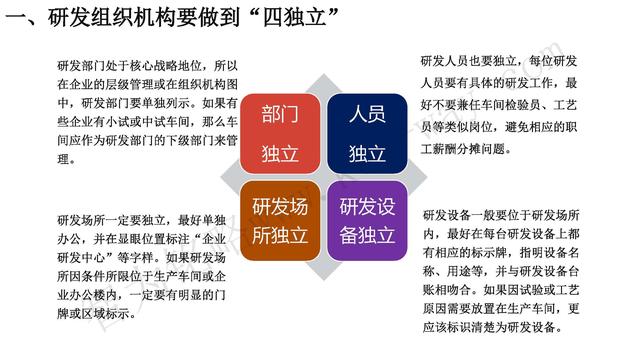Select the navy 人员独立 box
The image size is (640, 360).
pyautogui.click(x=366, y=132)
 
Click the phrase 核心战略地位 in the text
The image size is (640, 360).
pyautogui.click(x=165, y=65)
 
